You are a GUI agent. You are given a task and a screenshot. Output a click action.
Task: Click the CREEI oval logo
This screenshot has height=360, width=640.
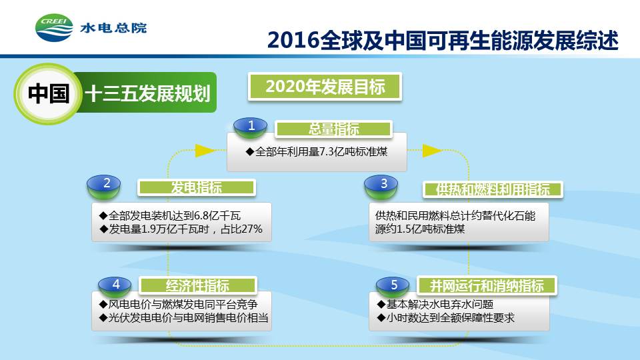(x=54, y=28)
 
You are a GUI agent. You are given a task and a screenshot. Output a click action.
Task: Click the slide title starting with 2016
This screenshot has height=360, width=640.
(x=443, y=40)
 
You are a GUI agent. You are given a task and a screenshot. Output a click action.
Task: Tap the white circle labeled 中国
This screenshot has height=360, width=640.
(x=48, y=93)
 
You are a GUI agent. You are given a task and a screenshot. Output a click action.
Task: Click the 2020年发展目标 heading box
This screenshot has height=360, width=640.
(x=325, y=87)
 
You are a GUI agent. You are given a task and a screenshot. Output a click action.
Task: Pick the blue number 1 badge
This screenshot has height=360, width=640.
(x=251, y=127)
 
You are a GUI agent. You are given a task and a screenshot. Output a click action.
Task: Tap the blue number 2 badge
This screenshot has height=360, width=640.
(x=104, y=186)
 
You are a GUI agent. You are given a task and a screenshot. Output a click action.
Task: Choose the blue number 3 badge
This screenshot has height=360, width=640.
(x=381, y=187)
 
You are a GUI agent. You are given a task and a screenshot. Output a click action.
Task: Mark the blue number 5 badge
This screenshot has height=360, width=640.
(x=393, y=286)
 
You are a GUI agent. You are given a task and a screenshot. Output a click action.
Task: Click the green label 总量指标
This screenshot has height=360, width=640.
(x=333, y=129)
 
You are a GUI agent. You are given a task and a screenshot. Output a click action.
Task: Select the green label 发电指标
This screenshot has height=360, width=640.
(x=196, y=187)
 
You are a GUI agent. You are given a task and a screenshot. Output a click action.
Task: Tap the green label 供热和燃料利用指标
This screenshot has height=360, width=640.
(x=493, y=189)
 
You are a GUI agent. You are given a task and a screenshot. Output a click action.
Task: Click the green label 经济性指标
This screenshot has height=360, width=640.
(x=197, y=285)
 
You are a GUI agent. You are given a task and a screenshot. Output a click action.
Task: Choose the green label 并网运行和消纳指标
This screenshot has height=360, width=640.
(x=487, y=285)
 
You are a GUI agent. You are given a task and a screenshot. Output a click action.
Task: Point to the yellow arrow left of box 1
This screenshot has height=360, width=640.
(x=205, y=150)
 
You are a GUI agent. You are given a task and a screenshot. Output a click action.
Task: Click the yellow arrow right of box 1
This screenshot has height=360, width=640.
(x=432, y=150)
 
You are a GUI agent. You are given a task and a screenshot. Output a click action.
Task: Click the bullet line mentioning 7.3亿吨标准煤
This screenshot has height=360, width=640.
(x=317, y=152)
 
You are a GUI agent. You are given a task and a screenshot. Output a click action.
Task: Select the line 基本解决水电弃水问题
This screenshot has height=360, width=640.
(x=435, y=304)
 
